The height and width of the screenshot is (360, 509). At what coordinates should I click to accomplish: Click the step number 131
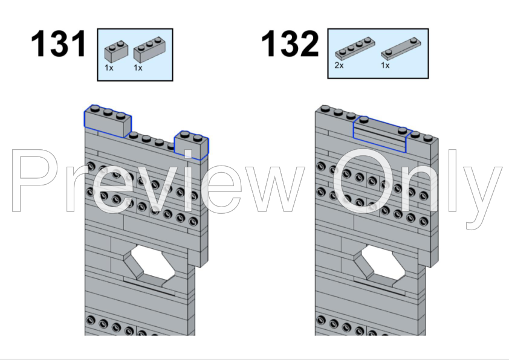tap(59, 43)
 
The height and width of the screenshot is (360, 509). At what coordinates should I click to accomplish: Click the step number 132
tap(290, 43)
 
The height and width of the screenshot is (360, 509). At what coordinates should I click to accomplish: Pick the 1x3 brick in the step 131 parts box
tap(150, 50)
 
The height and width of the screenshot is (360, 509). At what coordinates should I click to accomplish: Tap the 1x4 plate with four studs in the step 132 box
tap(355, 49)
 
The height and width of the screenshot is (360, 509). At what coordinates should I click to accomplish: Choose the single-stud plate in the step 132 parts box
tap(401, 49)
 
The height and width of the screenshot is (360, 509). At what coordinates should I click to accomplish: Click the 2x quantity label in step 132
tap(339, 65)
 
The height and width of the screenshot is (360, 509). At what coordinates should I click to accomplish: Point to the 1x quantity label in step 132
tap(385, 65)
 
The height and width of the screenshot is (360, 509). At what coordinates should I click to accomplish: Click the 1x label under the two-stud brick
tap(109, 68)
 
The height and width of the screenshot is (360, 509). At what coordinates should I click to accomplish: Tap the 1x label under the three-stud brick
tap(138, 68)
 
